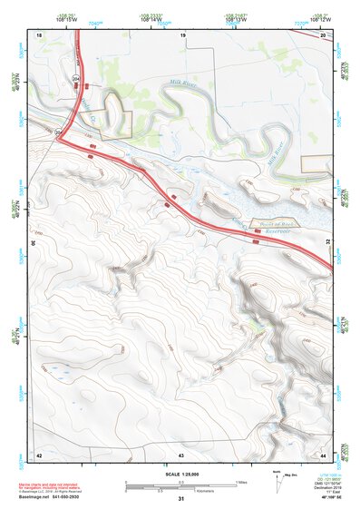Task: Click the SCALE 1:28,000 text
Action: [180, 475]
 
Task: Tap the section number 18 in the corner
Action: [39, 34]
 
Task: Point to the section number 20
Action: [323, 34]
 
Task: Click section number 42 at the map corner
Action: [39, 454]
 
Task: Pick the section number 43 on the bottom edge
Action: [180, 454]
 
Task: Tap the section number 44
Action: [323, 454]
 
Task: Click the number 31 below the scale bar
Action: [180, 499]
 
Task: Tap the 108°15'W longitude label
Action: [66, 19]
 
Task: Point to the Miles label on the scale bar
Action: [239, 481]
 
